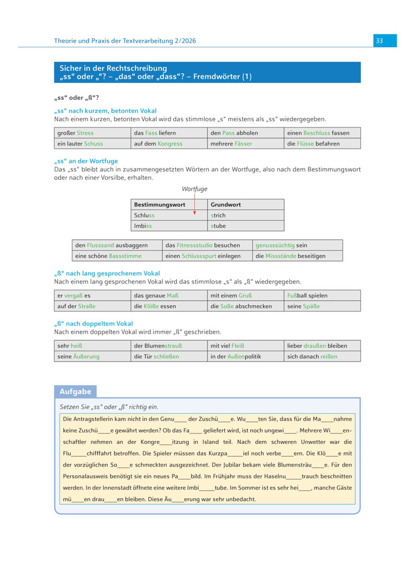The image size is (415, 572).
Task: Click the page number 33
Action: (379, 40)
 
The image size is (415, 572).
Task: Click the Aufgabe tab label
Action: (76, 392)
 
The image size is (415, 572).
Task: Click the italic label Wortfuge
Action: (194, 189)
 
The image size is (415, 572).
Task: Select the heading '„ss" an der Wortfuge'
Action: (86, 161)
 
